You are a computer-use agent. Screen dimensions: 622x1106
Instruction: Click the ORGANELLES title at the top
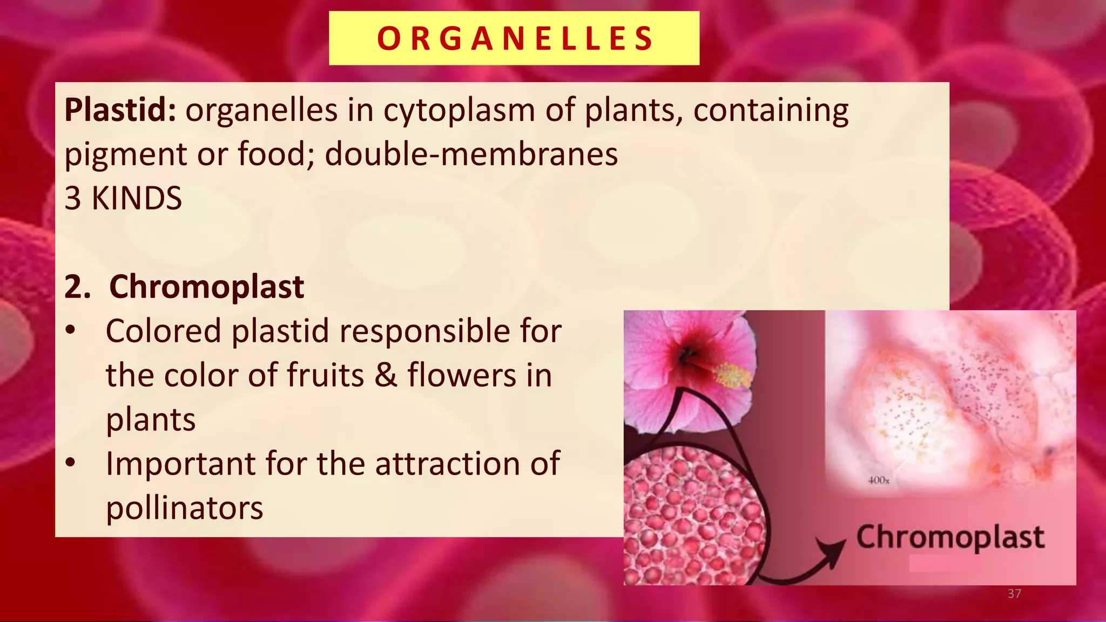514,38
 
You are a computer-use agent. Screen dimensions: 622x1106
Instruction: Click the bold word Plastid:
120,110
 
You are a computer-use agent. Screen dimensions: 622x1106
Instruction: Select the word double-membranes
471,154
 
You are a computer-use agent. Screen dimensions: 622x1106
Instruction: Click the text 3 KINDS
123,198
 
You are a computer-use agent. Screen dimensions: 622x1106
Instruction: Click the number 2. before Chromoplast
77,287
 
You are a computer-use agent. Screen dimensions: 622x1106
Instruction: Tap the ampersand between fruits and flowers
386,375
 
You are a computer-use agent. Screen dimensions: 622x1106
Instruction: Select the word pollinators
184,508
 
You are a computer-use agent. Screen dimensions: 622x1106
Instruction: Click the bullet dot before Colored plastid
70,330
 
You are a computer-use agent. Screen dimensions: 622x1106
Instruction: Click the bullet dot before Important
70,463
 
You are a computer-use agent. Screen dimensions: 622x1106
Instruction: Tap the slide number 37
1014,594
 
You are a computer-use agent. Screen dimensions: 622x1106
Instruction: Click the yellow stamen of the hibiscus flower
733,375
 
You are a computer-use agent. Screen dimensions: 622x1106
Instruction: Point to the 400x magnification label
878,480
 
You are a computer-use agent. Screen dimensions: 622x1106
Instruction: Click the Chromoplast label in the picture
950,537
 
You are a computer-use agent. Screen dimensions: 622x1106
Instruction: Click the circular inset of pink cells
694,516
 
